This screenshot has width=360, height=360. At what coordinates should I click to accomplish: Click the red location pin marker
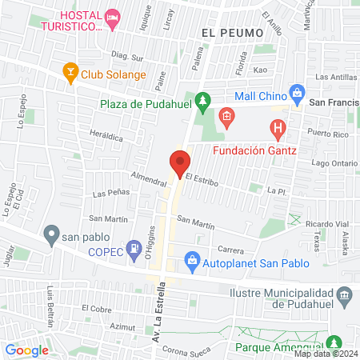tap(180, 162)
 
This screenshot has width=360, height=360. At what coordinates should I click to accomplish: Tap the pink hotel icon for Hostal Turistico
tap(114, 17)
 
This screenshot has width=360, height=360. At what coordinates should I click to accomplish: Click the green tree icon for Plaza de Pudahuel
tap(203, 100)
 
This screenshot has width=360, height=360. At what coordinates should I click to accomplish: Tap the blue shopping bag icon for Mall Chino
tap(297, 92)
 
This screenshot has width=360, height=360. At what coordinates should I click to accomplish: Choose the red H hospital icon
tap(278, 126)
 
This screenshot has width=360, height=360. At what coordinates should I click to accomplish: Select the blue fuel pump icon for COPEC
tap(133, 250)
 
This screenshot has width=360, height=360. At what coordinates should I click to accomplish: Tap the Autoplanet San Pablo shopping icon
tap(192, 259)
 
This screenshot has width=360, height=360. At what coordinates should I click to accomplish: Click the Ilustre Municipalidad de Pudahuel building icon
tap(345, 296)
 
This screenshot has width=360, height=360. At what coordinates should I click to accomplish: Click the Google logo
tap(26, 350)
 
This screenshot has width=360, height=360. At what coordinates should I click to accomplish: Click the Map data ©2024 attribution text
tap(326, 354)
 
